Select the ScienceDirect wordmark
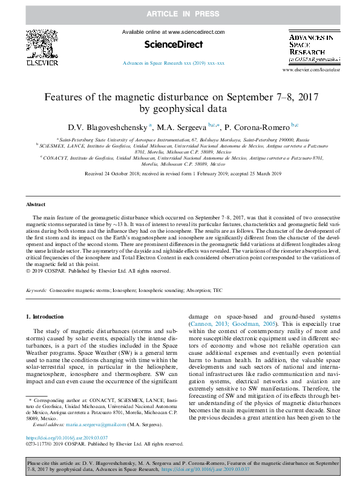pos(173,44)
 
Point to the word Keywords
pos(36,291)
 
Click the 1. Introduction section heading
pos(48,317)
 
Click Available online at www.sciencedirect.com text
pos(173,32)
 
